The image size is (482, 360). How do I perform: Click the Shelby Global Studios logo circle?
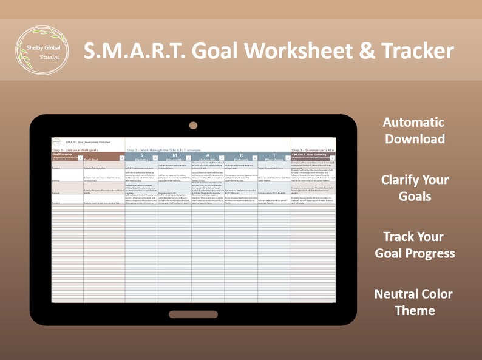click(41, 52)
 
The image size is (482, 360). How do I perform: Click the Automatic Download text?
click(413, 131)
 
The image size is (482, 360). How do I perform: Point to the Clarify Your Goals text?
click(415, 188)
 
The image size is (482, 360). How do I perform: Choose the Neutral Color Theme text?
click(413, 302)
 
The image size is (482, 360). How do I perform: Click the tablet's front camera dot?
click(193, 126)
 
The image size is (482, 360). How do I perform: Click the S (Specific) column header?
click(141, 157)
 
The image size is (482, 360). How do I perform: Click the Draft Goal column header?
click(103, 159)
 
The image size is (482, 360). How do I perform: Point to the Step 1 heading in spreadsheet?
click(75, 149)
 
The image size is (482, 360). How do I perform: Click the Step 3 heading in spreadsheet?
click(313, 149)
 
